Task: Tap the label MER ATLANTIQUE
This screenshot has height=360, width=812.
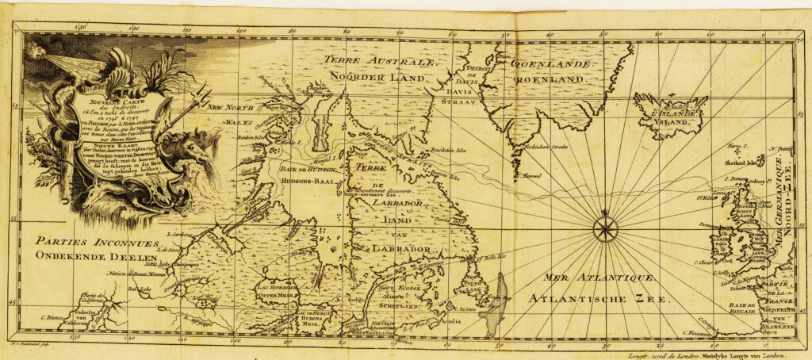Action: point(599,278)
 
